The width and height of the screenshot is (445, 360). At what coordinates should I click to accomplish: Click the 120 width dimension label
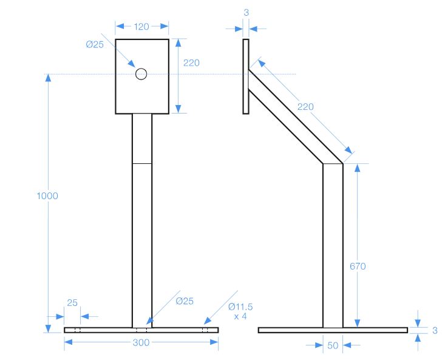pyautogui.click(x=142, y=26)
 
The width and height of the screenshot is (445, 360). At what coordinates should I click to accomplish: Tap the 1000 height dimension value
pyautogui.click(x=47, y=196)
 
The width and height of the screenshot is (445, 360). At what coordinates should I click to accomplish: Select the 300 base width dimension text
pyautogui.click(x=141, y=342)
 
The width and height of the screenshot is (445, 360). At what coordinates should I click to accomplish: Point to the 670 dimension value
pyautogui.click(x=358, y=266)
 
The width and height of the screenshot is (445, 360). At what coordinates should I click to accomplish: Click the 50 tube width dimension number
pyautogui.click(x=332, y=345)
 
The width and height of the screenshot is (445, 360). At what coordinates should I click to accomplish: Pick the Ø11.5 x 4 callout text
pyautogui.click(x=240, y=311)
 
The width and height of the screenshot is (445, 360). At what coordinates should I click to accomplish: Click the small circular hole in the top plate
pyautogui.click(x=141, y=73)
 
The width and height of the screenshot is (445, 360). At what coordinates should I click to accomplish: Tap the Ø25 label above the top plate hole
pyautogui.click(x=95, y=44)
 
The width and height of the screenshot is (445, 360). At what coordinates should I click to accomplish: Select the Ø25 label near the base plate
pyautogui.click(x=185, y=301)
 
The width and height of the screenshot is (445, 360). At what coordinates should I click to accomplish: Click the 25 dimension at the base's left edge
pyautogui.click(x=72, y=302)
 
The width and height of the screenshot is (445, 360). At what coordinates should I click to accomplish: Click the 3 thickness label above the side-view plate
pyautogui.click(x=246, y=12)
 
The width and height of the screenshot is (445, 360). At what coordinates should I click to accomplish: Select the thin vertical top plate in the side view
pyautogui.click(x=246, y=76)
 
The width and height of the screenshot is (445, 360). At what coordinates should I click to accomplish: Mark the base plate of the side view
pyautogui.click(x=333, y=330)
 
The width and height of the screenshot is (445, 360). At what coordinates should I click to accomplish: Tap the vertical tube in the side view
pyautogui.click(x=333, y=243)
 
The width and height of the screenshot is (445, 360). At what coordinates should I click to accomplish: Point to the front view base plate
pyautogui.click(x=109, y=330)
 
